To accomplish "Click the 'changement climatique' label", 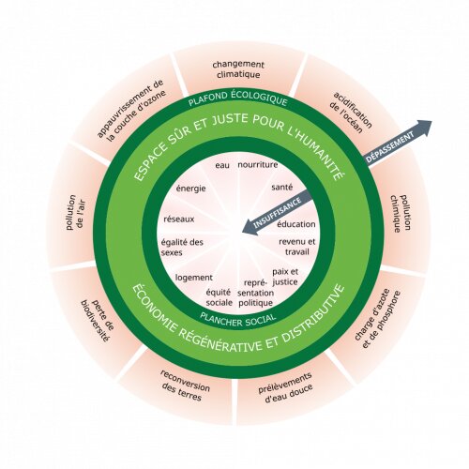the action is (238, 69).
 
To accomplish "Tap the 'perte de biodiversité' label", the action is (96, 321).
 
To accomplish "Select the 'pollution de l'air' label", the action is (76, 213).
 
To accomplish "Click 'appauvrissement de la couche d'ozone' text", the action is (132, 110).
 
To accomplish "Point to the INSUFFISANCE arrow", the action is (278, 212).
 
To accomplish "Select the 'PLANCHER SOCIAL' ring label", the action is (238, 320).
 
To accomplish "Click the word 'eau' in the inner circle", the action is (222, 165).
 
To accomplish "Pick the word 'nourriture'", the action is (258, 165).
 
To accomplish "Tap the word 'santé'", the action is (282, 187).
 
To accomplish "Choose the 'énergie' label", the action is (191, 189).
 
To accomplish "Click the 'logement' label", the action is (194, 278).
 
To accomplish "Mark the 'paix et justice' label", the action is (285, 277).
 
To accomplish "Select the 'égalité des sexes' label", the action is (182, 247).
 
